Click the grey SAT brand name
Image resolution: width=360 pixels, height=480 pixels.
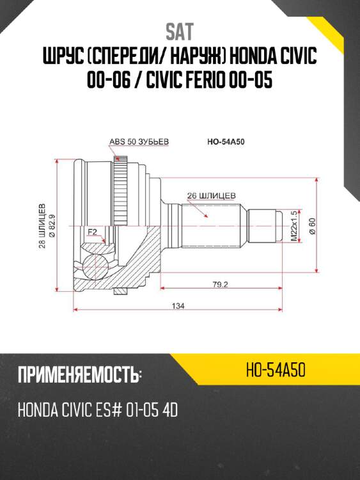[x=180, y=32]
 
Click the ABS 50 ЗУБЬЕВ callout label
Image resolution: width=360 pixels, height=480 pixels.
[x=139, y=141]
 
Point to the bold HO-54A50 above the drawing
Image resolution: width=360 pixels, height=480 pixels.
[x=226, y=141]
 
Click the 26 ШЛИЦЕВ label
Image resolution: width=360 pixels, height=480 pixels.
[x=212, y=196]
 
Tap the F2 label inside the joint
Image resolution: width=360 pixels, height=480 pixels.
[x=92, y=232]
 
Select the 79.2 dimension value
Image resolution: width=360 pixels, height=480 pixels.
[x=220, y=284]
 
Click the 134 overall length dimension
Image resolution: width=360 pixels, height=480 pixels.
[x=178, y=305]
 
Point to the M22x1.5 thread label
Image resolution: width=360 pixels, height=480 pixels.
[x=294, y=226]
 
